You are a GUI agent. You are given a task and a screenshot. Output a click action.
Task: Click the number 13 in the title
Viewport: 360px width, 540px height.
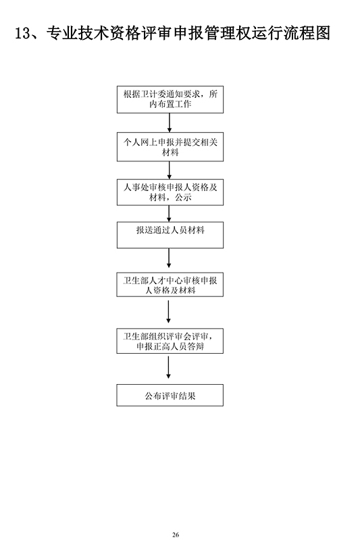pyautogui.click(x=23, y=33)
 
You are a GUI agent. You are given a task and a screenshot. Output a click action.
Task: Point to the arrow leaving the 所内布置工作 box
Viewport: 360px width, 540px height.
pyautogui.click(x=170, y=123)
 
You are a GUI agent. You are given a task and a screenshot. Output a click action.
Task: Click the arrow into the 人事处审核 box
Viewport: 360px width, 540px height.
pyautogui.click(x=170, y=170)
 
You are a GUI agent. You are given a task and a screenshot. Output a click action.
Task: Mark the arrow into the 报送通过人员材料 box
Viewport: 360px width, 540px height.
pyautogui.click(x=169, y=213)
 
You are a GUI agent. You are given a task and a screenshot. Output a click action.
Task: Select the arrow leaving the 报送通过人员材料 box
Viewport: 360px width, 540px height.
pyautogui.click(x=169, y=258)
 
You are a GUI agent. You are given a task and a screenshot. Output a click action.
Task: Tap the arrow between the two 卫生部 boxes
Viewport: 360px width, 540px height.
pyautogui.click(x=168, y=312)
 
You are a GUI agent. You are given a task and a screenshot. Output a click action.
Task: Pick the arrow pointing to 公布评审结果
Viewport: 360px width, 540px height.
pyautogui.click(x=168, y=367)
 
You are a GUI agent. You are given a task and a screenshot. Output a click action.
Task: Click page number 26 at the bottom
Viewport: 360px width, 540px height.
pyautogui.click(x=176, y=535)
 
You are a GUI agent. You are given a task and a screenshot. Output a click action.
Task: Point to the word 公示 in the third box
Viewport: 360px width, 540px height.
pyautogui.click(x=183, y=197)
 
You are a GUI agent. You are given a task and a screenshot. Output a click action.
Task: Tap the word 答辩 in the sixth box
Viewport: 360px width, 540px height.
pyautogui.click(x=196, y=346)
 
